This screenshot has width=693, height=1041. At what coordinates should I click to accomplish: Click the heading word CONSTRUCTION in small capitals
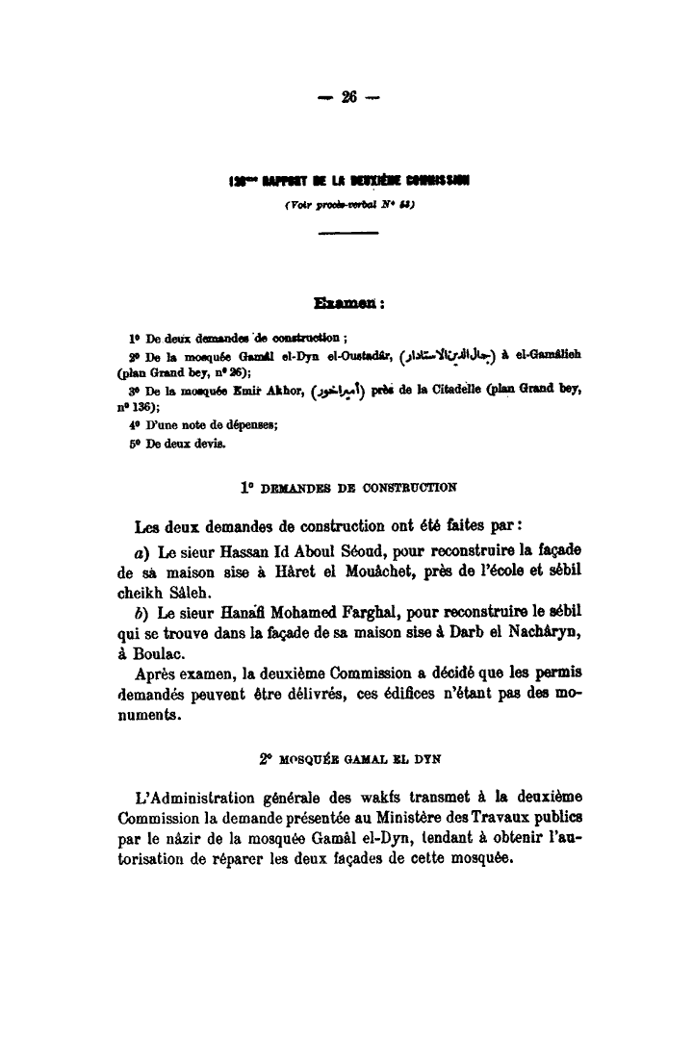coord(410,487)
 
